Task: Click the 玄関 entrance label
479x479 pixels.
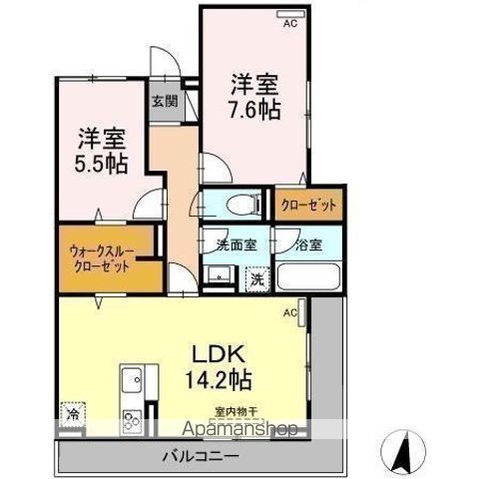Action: coord(164,101)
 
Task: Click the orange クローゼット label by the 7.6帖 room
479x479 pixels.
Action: coord(308,205)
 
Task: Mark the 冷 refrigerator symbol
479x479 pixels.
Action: coord(74,410)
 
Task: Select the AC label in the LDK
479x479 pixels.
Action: coord(290,313)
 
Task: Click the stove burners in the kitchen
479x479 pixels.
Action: coord(132,420)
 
